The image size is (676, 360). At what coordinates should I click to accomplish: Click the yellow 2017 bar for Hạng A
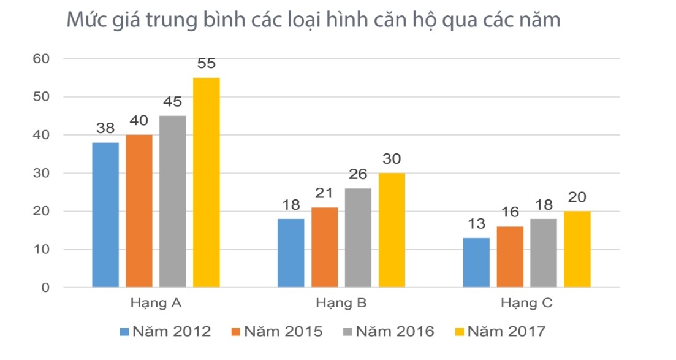point(206,182)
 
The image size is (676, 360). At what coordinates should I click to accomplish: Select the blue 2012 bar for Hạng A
point(105,215)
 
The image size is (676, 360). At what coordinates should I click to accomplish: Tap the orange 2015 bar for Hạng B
point(324,247)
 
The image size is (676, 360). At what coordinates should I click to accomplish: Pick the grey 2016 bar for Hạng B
point(358,237)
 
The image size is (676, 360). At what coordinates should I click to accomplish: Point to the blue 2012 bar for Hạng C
point(476,262)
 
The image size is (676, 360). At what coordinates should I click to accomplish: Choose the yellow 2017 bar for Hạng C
point(577,249)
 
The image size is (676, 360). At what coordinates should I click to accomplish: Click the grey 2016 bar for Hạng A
point(173,201)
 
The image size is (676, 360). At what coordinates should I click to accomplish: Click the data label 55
point(207,63)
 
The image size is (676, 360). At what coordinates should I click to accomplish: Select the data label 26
point(358,174)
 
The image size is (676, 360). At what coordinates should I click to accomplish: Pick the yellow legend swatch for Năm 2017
point(459,332)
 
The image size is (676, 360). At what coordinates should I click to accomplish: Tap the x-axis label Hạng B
point(341,303)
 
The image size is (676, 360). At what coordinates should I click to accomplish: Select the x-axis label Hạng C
point(526,303)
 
